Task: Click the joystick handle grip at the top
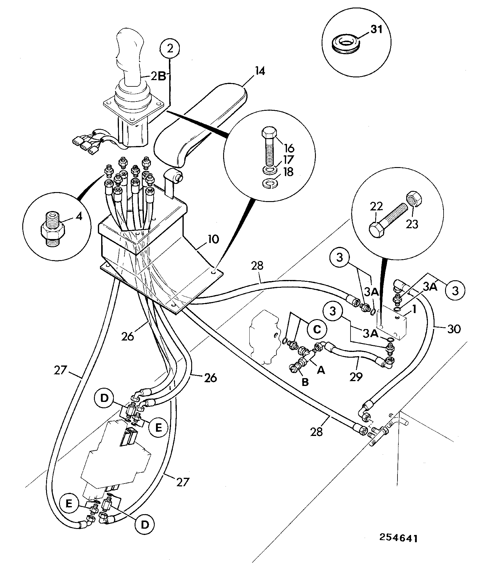pos(129,54)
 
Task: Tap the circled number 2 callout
pos(170,48)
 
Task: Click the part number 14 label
pos(260,72)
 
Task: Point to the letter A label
pos(321,370)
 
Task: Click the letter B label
pos(305,382)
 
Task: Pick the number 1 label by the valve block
pos(414,309)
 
